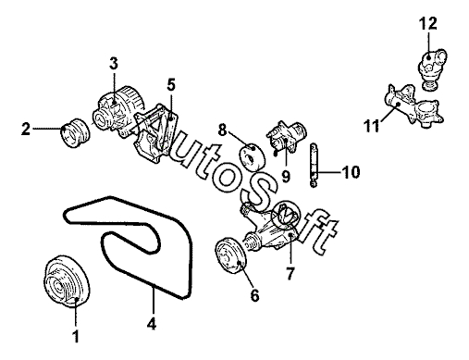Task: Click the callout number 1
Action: point(76,336)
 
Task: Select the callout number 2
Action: point(26,129)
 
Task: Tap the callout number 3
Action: point(114,63)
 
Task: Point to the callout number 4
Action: point(152,324)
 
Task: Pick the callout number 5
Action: point(171,85)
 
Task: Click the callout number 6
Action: point(254,296)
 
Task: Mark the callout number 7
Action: point(290,273)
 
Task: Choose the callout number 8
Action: point(222,130)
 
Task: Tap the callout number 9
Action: point(286,177)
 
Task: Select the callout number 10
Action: point(352,172)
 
